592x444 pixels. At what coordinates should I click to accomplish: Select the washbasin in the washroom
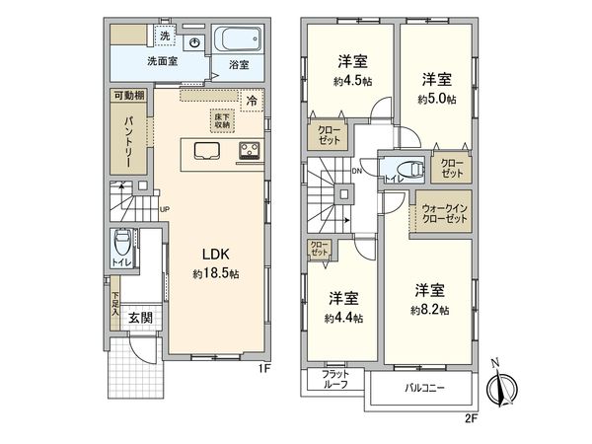(194, 43)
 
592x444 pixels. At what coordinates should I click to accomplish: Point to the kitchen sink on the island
(207, 151)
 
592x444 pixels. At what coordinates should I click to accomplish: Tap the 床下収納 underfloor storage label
(223, 121)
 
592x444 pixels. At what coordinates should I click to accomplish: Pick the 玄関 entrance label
(139, 318)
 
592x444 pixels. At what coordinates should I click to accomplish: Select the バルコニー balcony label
(423, 388)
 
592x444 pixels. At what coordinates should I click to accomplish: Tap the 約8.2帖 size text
(430, 309)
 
